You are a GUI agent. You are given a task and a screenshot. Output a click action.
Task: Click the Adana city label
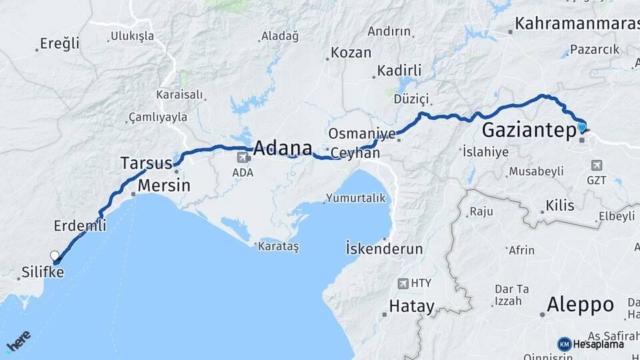[282, 147]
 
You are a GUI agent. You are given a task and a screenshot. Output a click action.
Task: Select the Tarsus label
[146, 162]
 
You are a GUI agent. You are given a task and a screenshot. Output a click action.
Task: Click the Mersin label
[164, 185]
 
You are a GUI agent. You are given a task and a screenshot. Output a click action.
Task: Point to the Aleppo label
[580, 305]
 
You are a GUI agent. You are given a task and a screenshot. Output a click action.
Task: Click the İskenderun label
[385, 249]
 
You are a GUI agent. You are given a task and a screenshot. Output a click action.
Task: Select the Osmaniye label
[362, 133]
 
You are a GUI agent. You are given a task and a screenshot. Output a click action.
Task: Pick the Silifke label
[43, 272]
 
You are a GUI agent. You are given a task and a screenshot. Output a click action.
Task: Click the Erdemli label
[81, 226]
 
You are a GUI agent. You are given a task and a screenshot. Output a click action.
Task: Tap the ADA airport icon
[243, 157]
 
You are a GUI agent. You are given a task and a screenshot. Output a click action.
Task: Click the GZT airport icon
[596, 165]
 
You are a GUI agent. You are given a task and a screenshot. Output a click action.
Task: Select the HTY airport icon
[403, 283]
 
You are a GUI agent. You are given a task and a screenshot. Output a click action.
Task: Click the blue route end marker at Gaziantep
[582, 127]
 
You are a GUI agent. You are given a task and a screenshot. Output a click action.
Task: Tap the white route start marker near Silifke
[55, 255]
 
